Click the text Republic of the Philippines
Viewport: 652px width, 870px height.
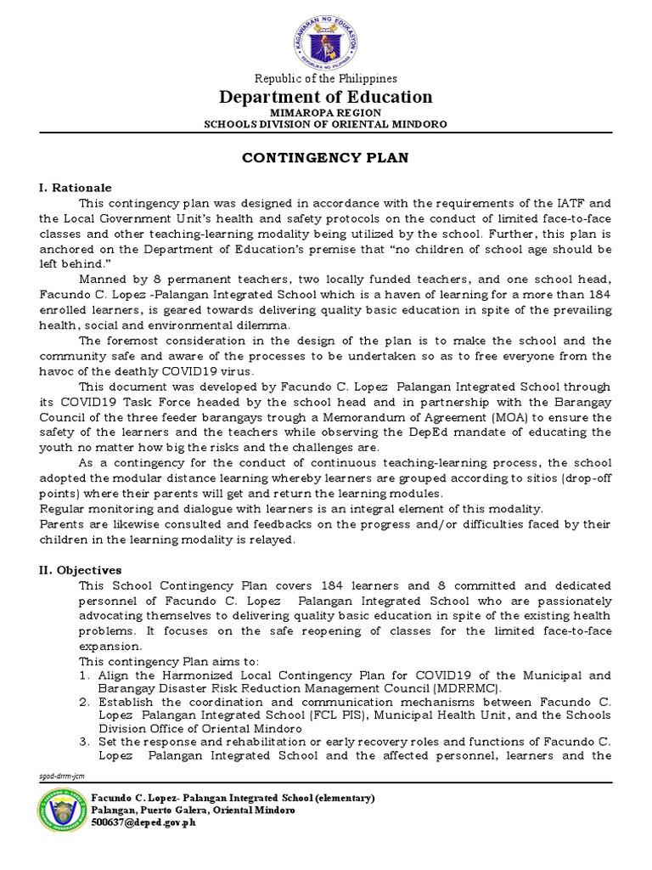point(327,79)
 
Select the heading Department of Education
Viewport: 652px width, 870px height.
point(327,97)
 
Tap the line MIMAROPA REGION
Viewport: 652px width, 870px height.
point(327,113)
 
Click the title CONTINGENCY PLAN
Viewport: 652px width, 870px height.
point(327,158)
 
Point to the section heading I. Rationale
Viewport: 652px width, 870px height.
point(76,188)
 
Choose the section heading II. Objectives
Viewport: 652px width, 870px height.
point(79,570)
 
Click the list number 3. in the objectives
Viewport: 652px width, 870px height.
point(85,743)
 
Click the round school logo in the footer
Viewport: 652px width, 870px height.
point(62,811)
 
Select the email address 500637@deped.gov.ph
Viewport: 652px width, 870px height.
point(143,823)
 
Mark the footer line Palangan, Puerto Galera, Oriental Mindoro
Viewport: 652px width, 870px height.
point(194,811)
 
